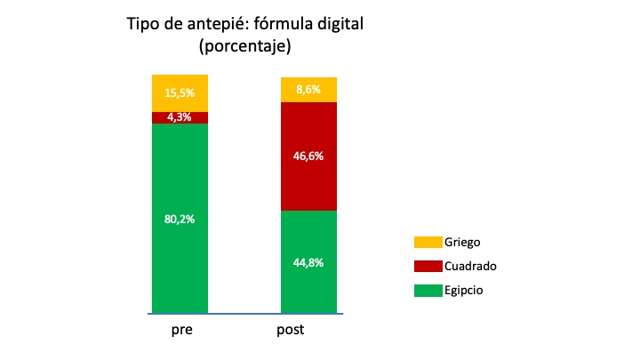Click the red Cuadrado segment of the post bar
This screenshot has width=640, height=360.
[x=308, y=178]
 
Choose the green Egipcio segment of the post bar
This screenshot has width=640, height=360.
[x=308, y=284]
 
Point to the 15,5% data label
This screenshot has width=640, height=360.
[x=180, y=92]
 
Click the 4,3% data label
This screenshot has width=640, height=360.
[x=180, y=117]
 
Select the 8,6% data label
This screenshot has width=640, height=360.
[x=308, y=89]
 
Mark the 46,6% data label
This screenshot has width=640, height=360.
[x=308, y=156]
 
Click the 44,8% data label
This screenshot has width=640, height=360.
[x=308, y=262]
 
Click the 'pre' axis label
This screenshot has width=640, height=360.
[x=180, y=330]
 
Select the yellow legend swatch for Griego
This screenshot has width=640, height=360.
[x=427, y=242]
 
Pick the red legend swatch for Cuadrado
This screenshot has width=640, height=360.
[x=427, y=266]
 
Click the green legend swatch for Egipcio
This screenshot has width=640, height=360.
[x=427, y=290]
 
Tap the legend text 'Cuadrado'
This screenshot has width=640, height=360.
[x=471, y=266]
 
